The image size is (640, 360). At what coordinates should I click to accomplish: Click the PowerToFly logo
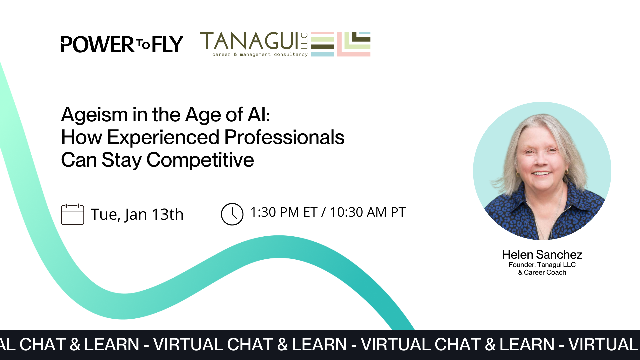[122, 45]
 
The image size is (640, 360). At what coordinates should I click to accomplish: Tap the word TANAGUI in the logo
[249, 41]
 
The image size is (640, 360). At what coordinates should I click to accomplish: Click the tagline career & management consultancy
[260, 54]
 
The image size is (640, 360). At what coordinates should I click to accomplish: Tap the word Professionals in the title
[284, 137]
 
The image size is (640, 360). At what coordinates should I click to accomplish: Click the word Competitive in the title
[200, 160]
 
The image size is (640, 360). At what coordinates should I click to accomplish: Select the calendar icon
[72, 214]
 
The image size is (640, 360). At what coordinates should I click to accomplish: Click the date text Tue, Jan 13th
[137, 214]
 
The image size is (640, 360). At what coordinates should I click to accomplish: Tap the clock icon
[232, 214]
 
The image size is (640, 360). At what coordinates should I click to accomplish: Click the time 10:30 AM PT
[368, 212]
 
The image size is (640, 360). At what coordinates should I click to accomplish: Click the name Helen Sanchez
[542, 255]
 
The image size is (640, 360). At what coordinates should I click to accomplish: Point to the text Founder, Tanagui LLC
[542, 265]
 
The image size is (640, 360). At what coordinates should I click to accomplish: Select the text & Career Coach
[542, 272]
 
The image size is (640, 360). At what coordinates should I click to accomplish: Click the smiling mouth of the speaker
[541, 173]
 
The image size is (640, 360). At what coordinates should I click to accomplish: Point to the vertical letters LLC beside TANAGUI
[304, 41]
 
